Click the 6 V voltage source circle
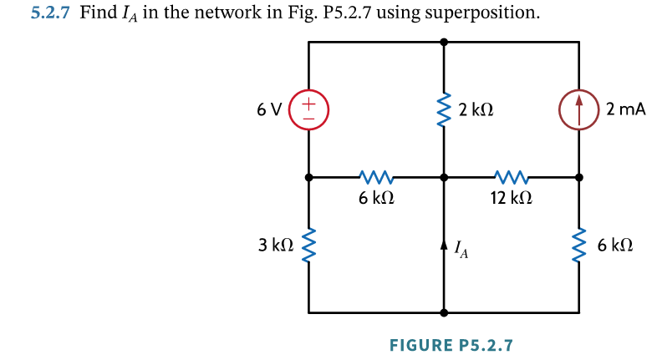pos(308,110)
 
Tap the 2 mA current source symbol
pos(579,110)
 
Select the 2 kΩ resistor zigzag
pos(444,109)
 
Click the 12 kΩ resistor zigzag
pos(511,177)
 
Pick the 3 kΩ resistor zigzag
pos(308,246)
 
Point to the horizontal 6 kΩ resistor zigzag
pos(375,177)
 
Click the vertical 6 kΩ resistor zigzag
pos(579,246)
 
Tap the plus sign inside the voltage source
pos(308,104)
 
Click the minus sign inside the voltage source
pos(308,119)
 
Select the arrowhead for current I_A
pos(444,245)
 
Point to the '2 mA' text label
pos(626,109)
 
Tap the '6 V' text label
pos(271,109)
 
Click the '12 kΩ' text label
pos(510,200)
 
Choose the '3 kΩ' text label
pos(276,246)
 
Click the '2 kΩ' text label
pos(476,109)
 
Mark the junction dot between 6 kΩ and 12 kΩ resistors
pos(444,177)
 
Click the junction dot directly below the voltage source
pos(308,177)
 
